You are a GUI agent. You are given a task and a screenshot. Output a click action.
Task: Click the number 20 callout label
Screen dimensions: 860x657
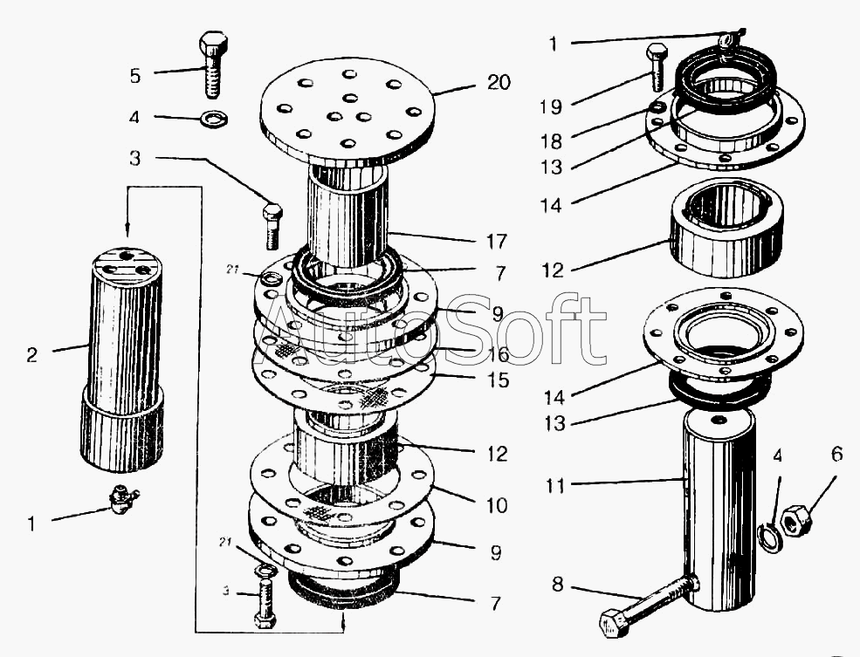(498, 83)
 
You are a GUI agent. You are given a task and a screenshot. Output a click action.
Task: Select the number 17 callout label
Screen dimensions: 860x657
(497, 241)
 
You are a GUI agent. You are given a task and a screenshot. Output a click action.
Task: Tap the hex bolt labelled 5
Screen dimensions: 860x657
(213, 65)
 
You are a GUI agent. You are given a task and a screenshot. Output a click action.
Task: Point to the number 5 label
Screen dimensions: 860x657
(135, 76)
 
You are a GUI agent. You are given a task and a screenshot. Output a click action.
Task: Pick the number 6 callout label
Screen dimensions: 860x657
(836, 455)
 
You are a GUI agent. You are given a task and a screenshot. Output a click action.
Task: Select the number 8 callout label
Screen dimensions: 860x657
(557, 585)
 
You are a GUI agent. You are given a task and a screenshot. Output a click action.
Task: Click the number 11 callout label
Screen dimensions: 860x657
(555, 485)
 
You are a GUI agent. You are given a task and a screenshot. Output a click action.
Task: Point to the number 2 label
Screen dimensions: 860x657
(31, 355)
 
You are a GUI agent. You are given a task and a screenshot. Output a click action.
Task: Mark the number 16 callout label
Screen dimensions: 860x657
(498, 354)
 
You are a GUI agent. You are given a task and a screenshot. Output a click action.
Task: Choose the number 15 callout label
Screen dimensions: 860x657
(498, 380)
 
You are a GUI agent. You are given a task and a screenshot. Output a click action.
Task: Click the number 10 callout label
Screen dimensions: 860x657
(497, 504)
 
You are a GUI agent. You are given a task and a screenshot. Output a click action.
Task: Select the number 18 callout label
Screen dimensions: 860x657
(551, 141)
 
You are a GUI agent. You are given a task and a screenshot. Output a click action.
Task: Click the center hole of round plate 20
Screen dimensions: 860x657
(349, 99)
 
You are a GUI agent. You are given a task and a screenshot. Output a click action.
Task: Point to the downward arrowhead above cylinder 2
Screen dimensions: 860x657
(127, 230)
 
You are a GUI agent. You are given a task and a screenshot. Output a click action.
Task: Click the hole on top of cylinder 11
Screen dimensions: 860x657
(719, 420)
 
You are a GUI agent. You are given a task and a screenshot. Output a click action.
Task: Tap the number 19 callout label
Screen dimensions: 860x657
(551, 106)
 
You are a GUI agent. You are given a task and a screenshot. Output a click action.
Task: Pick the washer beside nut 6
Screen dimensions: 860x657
(769, 537)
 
